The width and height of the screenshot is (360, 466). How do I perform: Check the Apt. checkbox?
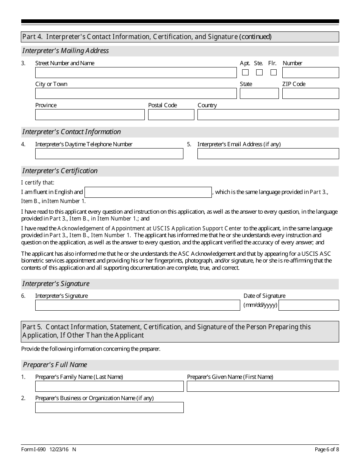(246, 72)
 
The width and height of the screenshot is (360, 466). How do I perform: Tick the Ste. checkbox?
(259, 72)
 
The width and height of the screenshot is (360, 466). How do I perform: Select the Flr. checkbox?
(273, 72)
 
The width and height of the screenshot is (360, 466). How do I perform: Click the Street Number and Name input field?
(136, 73)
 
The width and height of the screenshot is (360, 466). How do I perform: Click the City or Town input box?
(136, 94)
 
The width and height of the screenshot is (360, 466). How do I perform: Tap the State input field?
(259, 94)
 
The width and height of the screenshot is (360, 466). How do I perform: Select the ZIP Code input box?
(310, 94)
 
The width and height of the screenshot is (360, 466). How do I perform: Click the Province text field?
(90, 115)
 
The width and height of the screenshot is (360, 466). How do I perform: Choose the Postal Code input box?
(171, 115)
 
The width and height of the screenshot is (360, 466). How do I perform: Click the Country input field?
(268, 115)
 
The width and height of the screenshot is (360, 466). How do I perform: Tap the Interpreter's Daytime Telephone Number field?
(109, 154)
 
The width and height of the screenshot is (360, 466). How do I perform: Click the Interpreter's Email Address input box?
(268, 154)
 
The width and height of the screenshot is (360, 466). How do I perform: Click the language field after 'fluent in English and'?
(148, 192)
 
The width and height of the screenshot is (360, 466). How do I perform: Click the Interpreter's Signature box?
(138, 305)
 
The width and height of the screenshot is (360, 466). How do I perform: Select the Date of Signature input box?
(308, 305)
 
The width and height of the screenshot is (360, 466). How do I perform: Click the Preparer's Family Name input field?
(109, 386)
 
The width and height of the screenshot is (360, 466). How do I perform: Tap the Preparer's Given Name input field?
(263, 386)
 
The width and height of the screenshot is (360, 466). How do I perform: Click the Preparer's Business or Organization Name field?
(109, 408)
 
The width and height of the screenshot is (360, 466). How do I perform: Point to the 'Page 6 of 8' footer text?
(327, 450)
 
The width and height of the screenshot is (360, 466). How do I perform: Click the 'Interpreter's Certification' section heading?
(60, 171)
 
